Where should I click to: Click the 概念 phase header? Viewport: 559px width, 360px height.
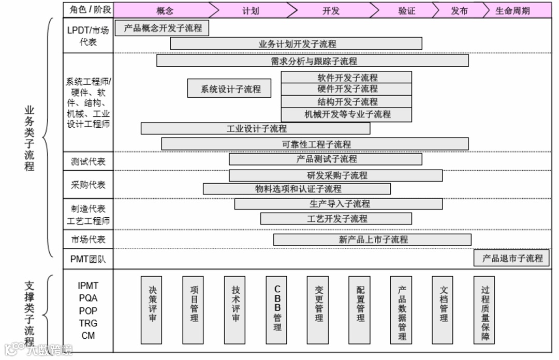click(165, 10)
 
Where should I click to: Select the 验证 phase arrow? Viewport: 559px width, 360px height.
click(407, 10)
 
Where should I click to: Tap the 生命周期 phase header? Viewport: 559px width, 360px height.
click(512, 10)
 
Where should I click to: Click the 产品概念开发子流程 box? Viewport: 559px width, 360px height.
click(163, 28)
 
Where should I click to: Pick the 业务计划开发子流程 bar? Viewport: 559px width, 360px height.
click(296, 43)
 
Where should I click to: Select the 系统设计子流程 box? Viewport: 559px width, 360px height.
click(230, 88)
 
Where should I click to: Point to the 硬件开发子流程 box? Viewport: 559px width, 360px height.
click(346, 89)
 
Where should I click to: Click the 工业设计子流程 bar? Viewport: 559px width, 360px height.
click(256, 128)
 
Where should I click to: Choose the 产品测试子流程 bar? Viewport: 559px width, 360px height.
click(326, 159)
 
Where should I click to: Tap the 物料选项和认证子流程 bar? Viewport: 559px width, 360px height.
click(297, 189)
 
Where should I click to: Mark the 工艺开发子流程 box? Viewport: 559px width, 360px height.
click(336, 219)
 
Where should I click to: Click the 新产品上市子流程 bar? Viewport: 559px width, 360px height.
click(372, 239)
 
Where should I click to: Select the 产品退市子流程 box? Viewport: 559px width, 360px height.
click(511, 258)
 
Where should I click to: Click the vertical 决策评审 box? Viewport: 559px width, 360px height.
click(152, 310)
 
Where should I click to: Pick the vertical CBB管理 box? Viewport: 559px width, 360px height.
click(276, 310)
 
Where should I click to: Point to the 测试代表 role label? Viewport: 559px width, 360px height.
click(88, 161)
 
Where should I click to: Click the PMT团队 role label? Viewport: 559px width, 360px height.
click(88, 259)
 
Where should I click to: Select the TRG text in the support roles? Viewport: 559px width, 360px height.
click(88, 323)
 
